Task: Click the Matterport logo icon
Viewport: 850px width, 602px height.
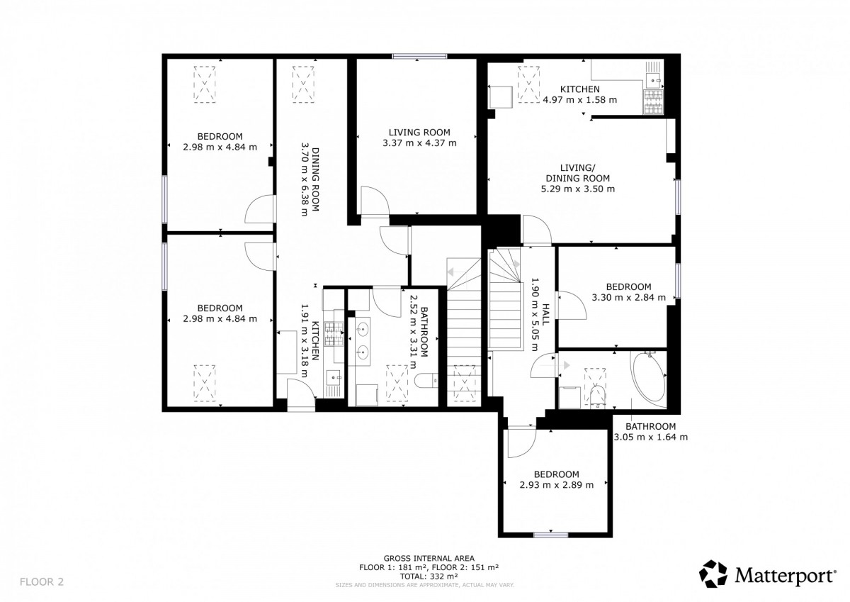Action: (x=713, y=574)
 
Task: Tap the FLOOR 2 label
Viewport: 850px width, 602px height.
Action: (x=42, y=581)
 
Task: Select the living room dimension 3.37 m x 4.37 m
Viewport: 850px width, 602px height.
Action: (x=419, y=143)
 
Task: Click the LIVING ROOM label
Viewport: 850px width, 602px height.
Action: (x=419, y=132)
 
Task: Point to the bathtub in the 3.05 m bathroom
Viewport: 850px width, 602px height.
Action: (x=648, y=379)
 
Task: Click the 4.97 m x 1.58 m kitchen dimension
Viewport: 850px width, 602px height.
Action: (x=580, y=100)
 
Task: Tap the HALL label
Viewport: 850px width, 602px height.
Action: (x=545, y=314)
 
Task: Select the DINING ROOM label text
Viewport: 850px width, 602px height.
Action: (x=315, y=179)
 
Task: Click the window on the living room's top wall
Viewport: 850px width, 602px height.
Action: (x=419, y=56)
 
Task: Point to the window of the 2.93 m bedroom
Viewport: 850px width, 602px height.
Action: (x=551, y=535)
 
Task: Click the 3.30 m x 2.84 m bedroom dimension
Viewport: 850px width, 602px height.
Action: (x=629, y=297)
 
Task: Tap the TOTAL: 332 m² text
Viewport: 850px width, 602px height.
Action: (x=429, y=576)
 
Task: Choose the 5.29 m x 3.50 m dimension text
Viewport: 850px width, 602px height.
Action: (x=577, y=189)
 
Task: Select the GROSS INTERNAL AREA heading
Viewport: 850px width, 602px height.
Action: (x=429, y=558)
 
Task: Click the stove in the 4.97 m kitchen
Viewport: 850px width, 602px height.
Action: (x=653, y=102)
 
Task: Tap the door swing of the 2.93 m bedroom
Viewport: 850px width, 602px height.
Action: (x=522, y=443)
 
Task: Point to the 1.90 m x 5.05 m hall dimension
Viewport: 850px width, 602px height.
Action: (x=534, y=314)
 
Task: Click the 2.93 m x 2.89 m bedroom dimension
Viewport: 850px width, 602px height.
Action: (x=557, y=485)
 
